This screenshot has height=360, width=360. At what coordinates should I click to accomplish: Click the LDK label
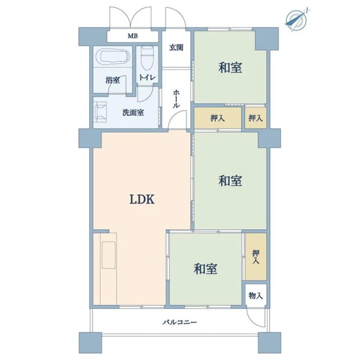(142, 199)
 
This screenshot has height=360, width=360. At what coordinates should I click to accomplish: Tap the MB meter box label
(133, 36)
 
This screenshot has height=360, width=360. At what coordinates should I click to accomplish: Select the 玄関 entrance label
(176, 47)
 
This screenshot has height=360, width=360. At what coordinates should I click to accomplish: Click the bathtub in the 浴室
(113, 57)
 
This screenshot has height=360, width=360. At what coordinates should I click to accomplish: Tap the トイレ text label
(147, 77)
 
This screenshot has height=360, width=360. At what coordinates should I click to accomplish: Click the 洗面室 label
(133, 113)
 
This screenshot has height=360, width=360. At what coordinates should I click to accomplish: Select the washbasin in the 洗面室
(101, 112)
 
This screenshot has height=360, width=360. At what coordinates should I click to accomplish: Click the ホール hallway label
(176, 99)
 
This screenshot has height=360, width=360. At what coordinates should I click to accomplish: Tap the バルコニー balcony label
(180, 322)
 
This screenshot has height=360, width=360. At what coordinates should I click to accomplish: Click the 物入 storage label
(256, 295)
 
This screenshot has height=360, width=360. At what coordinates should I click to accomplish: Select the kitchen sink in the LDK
(109, 255)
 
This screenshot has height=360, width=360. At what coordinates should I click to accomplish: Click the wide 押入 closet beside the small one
(218, 118)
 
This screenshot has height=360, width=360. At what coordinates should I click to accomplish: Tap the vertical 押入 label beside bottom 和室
(256, 257)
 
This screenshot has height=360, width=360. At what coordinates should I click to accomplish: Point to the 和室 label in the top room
(230, 68)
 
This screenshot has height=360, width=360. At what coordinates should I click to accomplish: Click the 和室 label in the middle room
(230, 181)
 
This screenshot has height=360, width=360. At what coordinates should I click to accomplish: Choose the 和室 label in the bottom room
(205, 269)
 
